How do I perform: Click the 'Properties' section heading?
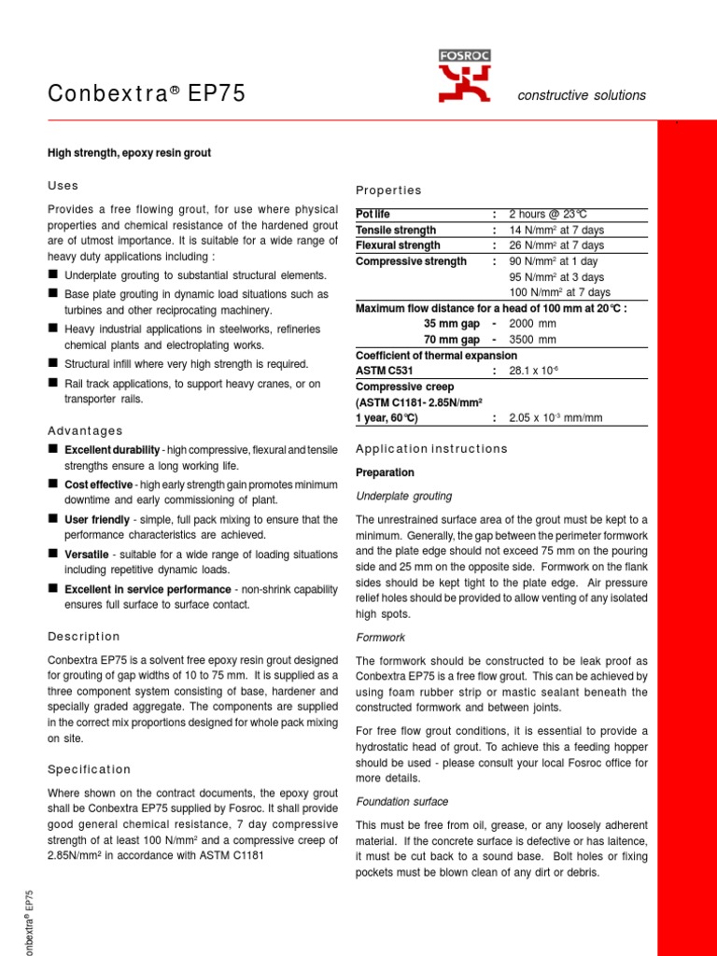(x=388, y=190)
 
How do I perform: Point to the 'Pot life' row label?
(x=373, y=215)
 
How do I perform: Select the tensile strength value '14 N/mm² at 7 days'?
(x=556, y=231)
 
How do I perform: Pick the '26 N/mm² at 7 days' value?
(x=556, y=246)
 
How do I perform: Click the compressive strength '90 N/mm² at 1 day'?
(x=554, y=261)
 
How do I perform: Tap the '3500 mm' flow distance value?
(x=532, y=340)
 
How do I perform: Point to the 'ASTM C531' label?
(x=382, y=371)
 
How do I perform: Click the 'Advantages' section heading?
(x=85, y=430)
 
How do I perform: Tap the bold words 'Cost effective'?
(x=98, y=485)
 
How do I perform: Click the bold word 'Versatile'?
(x=86, y=554)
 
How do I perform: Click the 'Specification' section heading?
(x=90, y=769)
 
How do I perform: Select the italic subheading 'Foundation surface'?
(x=402, y=801)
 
